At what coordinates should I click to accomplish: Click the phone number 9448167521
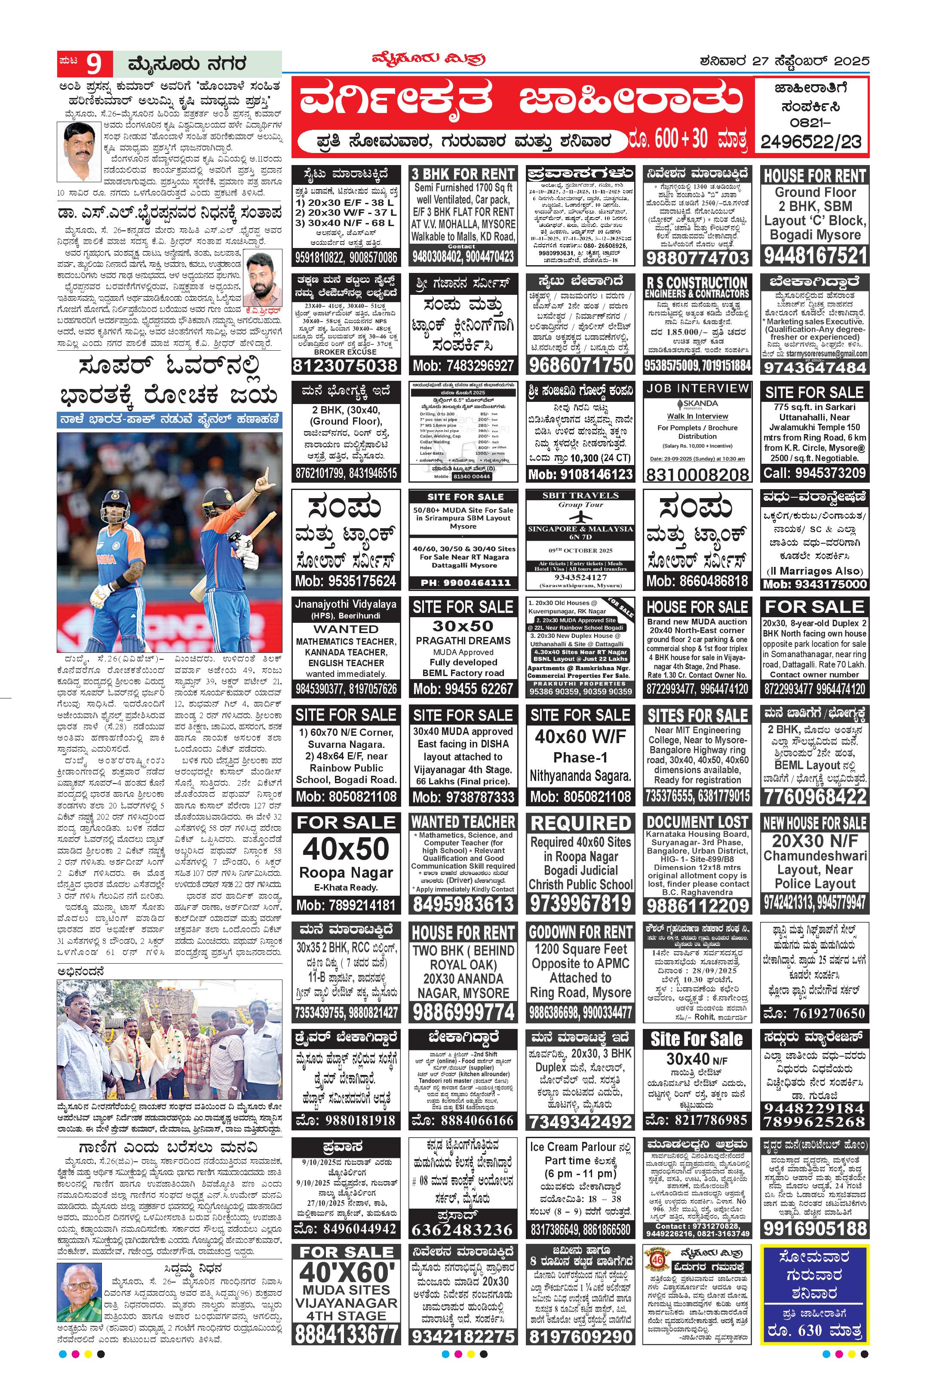[815, 256]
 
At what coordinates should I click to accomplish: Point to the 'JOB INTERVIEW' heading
[697, 388]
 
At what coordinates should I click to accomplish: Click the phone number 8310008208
[697, 474]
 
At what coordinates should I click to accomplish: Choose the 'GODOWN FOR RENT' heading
[580, 932]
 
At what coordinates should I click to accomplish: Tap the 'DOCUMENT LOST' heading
[697, 822]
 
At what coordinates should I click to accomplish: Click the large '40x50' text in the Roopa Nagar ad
[346, 849]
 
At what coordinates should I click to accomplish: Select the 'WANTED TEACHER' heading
[463, 822]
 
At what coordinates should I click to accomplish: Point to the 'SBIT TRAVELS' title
[580, 495]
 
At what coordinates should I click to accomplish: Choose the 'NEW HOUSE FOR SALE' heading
[815, 823]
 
